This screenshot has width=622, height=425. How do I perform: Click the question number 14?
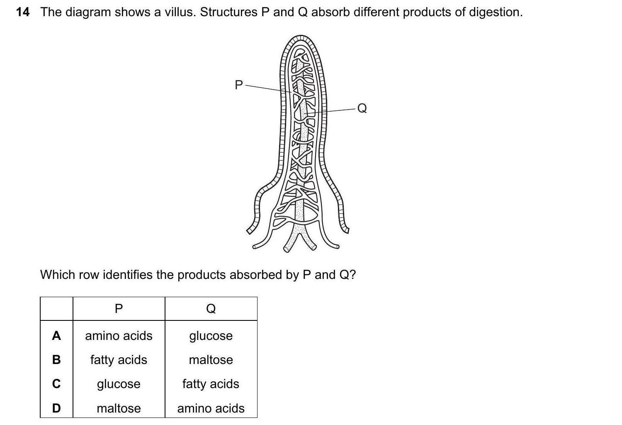[23, 12]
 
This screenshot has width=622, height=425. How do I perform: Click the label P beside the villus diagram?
[238, 85]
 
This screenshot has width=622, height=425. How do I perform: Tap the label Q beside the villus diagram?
[362, 108]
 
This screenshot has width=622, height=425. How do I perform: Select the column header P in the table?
[119, 308]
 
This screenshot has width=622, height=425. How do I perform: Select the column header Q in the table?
[211, 308]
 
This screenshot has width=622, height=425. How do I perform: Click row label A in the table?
[56, 336]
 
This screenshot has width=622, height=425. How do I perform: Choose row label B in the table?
[56, 360]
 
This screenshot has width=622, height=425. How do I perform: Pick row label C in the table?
[56, 384]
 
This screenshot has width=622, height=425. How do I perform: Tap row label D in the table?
[56, 408]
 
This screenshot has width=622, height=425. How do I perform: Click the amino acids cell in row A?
[119, 336]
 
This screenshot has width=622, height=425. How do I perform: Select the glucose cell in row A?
[211, 336]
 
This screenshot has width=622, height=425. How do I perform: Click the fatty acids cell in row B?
[119, 360]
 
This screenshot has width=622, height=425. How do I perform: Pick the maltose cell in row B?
[211, 360]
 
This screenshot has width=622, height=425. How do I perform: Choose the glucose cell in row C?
[119, 384]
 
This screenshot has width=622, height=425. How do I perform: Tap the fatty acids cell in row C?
[211, 384]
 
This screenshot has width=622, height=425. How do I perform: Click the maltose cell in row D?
[119, 408]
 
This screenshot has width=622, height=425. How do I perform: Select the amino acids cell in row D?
[211, 408]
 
